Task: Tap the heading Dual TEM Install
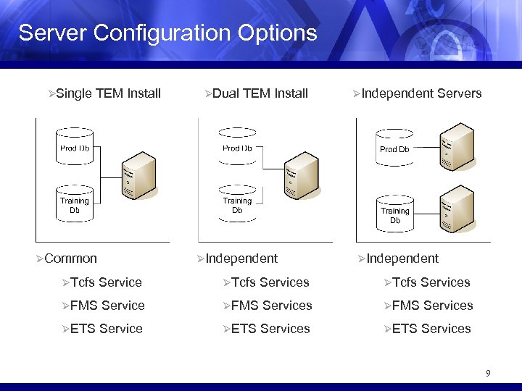260,93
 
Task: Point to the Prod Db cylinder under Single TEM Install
75,148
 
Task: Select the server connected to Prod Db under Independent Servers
457,149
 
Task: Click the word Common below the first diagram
70,258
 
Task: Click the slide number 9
488,374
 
